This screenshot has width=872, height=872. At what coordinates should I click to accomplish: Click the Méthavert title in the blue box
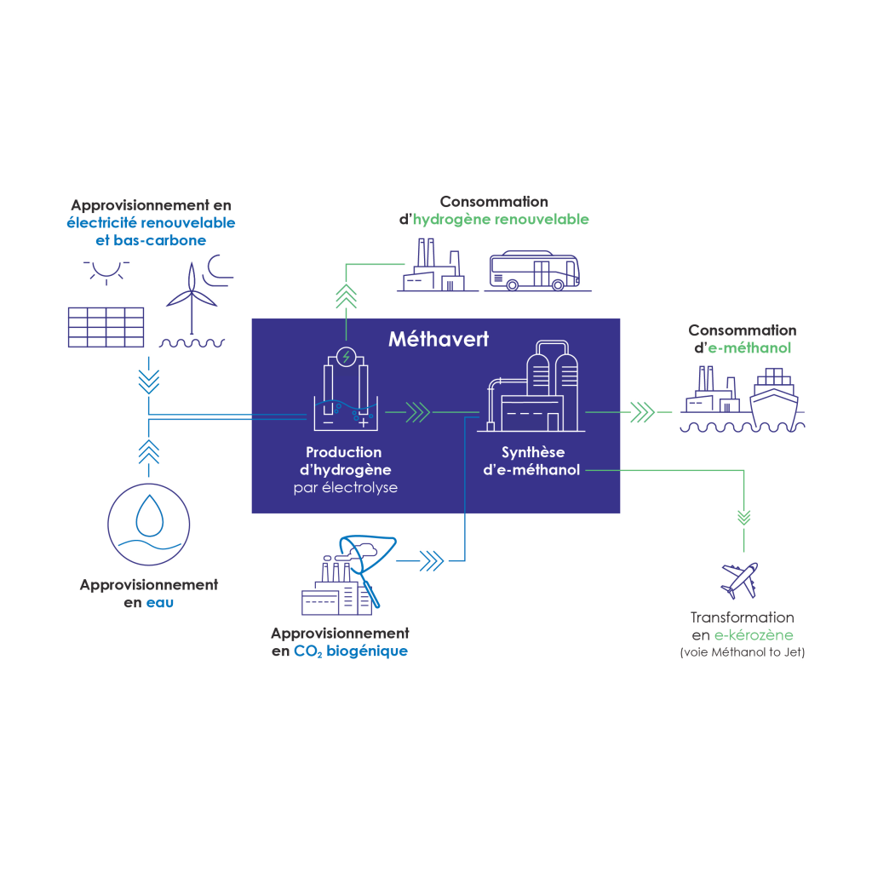coord(439,339)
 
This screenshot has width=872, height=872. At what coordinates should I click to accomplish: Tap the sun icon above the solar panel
coord(106,272)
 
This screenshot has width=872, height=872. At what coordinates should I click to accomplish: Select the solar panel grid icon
coord(106,327)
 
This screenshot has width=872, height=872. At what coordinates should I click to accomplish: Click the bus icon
coord(535,271)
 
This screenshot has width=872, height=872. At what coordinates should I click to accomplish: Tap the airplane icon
coord(740,581)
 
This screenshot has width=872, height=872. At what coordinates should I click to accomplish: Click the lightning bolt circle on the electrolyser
coord(347,357)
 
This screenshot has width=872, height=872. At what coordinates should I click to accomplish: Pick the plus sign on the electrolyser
coord(363,422)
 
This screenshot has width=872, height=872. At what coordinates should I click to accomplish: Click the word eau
coord(160,603)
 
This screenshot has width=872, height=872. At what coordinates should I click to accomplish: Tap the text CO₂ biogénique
coord(350,651)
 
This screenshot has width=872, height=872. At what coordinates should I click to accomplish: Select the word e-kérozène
coord(754,635)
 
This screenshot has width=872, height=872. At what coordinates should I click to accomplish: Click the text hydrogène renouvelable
coord(501,220)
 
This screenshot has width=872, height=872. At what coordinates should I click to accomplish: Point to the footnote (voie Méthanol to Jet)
coord(743,652)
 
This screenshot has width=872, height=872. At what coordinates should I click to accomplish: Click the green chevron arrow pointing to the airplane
coord(744,517)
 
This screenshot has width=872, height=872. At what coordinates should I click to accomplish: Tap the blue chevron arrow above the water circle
coord(148,451)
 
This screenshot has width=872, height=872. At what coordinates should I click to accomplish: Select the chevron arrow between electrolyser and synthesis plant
coord(417,412)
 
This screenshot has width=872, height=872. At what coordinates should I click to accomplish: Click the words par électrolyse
coord(346,488)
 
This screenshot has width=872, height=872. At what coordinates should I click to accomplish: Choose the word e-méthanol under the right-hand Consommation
coord(749,348)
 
